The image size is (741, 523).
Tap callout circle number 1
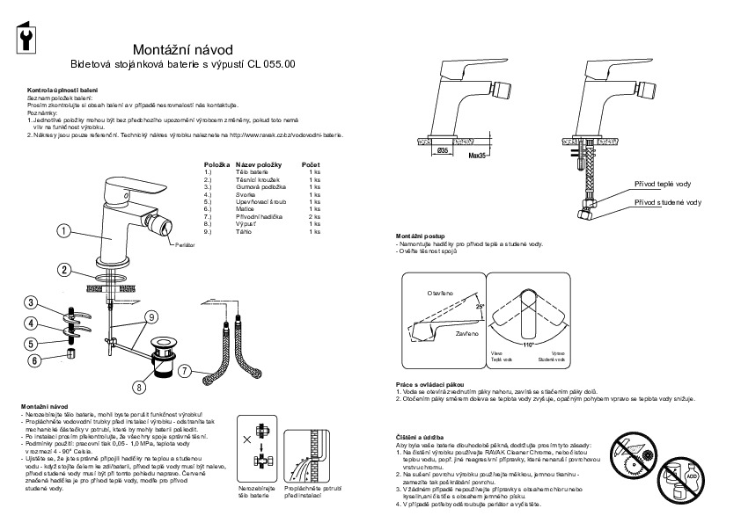pyautogui.click(x=64, y=232)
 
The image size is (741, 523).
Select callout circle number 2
pyautogui.click(x=64, y=270)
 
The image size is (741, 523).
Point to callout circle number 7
pyautogui.click(x=186, y=371)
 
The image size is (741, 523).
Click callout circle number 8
pyautogui.click(x=139, y=385)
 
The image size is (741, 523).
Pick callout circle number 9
pyautogui.click(x=151, y=316)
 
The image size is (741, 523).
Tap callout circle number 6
pyautogui.click(x=34, y=360)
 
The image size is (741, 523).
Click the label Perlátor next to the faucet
pyautogui.click(x=184, y=242)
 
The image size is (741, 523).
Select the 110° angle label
pyautogui.click(x=528, y=345)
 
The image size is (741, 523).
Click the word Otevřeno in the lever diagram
pyautogui.click(x=440, y=292)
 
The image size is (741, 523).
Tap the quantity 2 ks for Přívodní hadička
pyautogui.click(x=314, y=215)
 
